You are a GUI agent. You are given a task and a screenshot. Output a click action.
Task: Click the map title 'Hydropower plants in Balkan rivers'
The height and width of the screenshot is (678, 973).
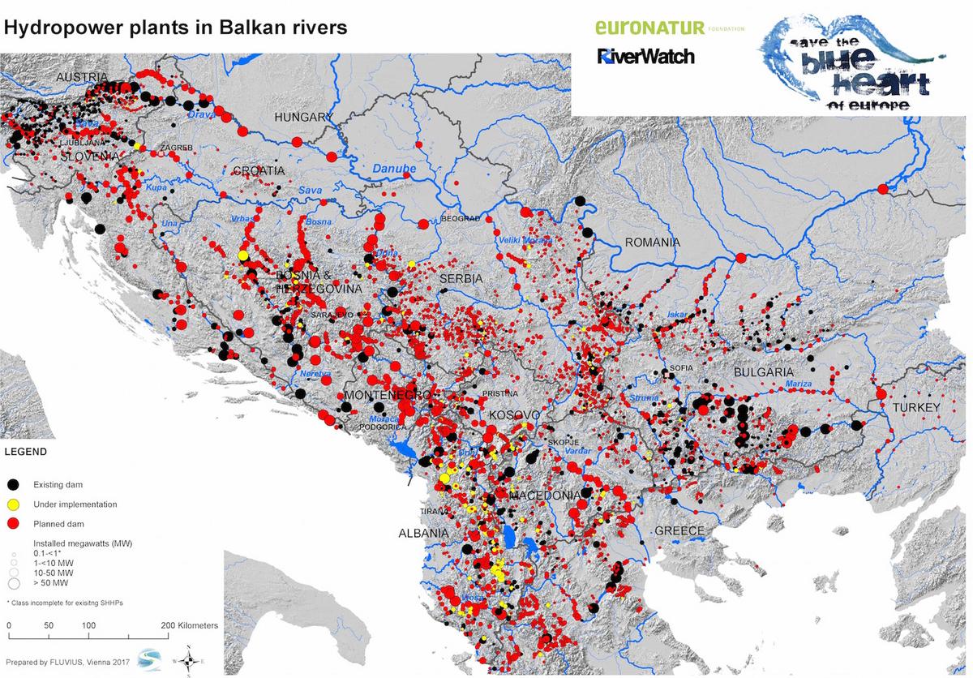(x=177, y=28)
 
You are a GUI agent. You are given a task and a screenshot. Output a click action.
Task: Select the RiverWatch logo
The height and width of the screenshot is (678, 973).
(x=645, y=57)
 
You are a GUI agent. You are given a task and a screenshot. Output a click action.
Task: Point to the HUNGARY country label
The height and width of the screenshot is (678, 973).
(x=303, y=117)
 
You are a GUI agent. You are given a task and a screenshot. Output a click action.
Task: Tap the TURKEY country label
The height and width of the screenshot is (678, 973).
(x=915, y=407)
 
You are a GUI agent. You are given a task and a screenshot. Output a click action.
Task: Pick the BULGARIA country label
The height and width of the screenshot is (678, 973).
(x=763, y=371)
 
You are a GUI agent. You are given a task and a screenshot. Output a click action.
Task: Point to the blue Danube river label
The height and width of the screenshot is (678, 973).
(x=394, y=169)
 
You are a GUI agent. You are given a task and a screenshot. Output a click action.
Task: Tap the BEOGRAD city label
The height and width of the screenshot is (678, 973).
(x=461, y=219)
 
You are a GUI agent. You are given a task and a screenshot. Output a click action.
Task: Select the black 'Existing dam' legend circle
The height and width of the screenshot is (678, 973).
(x=13, y=485)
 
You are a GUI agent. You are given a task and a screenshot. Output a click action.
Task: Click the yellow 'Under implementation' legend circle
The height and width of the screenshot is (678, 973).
(x=13, y=504)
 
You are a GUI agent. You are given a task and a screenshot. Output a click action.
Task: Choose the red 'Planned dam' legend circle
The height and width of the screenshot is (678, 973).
(x=13, y=524)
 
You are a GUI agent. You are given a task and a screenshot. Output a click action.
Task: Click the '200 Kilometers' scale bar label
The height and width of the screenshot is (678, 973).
(x=188, y=626)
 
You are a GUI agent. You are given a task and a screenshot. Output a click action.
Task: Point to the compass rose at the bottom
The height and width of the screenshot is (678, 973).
(x=188, y=660)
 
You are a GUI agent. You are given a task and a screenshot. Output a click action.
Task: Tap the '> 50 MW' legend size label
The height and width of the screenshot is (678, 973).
(x=50, y=583)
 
